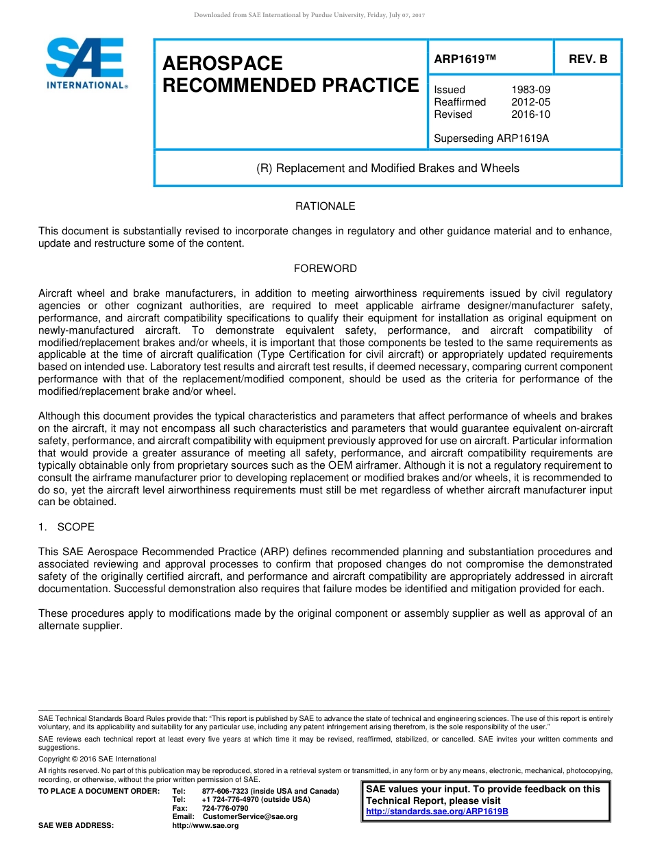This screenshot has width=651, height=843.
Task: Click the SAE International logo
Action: point(85,63)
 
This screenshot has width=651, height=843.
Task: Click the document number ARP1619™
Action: point(465,60)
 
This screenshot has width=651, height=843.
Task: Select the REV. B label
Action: point(587,60)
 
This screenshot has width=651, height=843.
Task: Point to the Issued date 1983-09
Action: point(530,90)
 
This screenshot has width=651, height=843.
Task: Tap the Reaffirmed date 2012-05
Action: point(530,102)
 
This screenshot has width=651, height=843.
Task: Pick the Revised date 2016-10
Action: point(530,114)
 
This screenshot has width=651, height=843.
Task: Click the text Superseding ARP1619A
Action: point(491,138)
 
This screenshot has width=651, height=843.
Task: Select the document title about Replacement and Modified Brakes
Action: point(387,168)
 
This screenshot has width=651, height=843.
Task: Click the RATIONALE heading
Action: point(325,206)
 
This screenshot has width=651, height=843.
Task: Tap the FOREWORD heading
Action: point(325,269)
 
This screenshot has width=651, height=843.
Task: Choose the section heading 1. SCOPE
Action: point(66,527)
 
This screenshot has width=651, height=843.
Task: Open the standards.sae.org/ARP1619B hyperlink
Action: point(437,811)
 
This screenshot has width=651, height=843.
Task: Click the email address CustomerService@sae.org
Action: point(250,817)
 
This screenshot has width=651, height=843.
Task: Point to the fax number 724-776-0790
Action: point(225,809)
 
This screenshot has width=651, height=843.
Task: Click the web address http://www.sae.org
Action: point(206,826)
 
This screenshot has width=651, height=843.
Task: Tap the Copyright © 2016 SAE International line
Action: point(97,759)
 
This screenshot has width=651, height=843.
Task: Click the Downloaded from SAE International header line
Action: point(310,15)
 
